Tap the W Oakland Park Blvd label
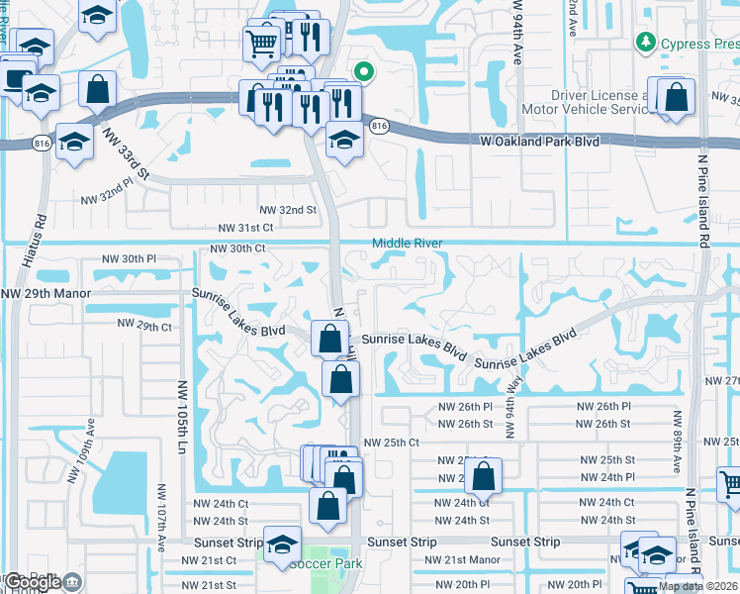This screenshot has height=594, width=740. [541, 142]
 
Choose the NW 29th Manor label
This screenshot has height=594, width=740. [46, 294]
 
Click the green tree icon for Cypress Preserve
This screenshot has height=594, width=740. [645, 43]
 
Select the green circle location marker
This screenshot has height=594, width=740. [364, 71]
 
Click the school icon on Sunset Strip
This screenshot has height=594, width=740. [283, 544]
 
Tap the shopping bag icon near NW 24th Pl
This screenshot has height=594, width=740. [483, 477]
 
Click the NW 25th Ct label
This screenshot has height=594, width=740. [392, 442]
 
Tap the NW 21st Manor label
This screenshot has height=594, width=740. [459, 559]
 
